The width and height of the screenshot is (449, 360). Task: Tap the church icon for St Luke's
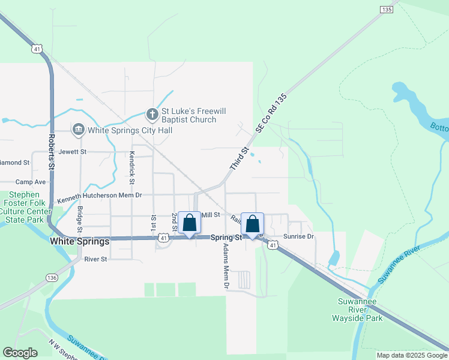[152, 113]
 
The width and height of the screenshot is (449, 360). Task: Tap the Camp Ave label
[31, 182]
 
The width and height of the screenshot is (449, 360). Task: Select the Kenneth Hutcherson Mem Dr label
[99, 196]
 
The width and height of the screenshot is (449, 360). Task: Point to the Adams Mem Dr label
[226, 266]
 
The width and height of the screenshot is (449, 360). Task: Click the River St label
[95, 259]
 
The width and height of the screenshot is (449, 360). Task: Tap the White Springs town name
[80, 241]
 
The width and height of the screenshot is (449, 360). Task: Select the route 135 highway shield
[387, 9]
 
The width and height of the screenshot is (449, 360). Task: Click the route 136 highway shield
[52, 277]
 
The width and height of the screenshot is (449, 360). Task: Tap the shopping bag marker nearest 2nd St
[190, 223]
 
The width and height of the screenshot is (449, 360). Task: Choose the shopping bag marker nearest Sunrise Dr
[253, 224]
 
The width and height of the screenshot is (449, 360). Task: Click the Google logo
[20, 353]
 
